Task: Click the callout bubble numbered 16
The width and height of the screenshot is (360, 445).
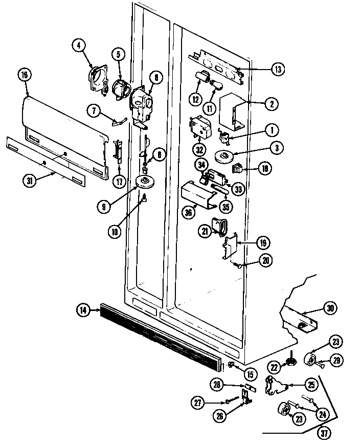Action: [24, 75]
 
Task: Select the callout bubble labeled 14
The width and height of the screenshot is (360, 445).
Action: [82, 309]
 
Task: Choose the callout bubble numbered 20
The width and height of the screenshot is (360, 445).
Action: [266, 260]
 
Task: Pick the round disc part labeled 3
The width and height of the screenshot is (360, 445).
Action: [224, 156]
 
